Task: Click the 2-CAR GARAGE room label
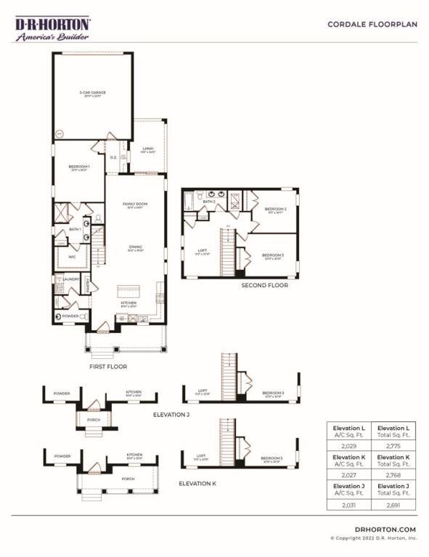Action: pyautogui.click(x=92, y=93)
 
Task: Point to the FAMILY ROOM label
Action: pyautogui.click(x=134, y=206)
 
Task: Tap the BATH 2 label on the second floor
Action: pyautogui.click(x=209, y=201)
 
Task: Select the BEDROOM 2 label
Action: pyautogui.click(x=275, y=208)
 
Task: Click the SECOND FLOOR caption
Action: pyautogui.click(x=264, y=286)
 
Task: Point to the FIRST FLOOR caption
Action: pyautogui.click(x=108, y=367)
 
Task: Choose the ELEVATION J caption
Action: pyautogui.click(x=172, y=415)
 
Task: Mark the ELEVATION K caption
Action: pyautogui.click(x=197, y=482)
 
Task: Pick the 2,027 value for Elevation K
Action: pyautogui.click(x=348, y=474)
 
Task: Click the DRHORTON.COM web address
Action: pyautogui.click(x=385, y=529)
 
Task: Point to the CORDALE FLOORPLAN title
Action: pyautogui.click(x=372, y=24)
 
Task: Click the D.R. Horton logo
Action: pyautogui.click(x=53, y=28)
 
